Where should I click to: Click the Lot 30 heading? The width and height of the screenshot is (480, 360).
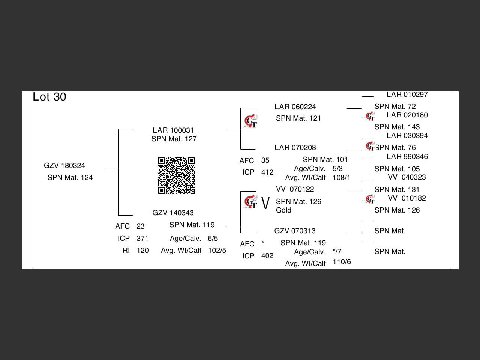(x=49, y=97)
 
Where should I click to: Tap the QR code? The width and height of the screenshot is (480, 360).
(x=177, y=175)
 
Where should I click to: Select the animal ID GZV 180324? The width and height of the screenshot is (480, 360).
(x=64, y=165)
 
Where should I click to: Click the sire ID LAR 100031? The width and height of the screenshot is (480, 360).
(x=173, y=130)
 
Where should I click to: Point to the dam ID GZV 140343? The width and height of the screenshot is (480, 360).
(x=173, y=213)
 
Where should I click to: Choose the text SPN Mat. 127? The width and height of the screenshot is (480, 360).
(x=174, y=139)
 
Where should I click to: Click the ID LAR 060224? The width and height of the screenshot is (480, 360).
(x=295, y=106)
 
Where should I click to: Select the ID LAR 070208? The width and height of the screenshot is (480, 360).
(x=295, y=147)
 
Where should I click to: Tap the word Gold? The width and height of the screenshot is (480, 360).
(x=283, y=210)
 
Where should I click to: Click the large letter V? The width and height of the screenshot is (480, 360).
(x=265, y=203)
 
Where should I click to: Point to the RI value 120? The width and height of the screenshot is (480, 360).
(x=142, y=250)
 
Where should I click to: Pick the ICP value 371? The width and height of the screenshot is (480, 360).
(x=142, y=238)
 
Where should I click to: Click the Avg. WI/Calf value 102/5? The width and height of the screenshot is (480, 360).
(x=217, y=250)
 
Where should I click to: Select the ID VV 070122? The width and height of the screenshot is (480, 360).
(x=295, y=189)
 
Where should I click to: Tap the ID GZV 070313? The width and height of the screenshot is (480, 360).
(x=295, y=231)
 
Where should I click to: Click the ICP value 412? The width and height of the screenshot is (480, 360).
(x=267, y=172)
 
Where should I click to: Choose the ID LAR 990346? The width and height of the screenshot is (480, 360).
(x=407, y=156)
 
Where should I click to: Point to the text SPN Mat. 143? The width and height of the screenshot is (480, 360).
(x=397, y=127)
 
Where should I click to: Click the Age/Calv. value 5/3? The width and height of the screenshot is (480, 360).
(x=337, y=168)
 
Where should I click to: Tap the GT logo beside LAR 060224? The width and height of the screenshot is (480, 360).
(x=251, y=121)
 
